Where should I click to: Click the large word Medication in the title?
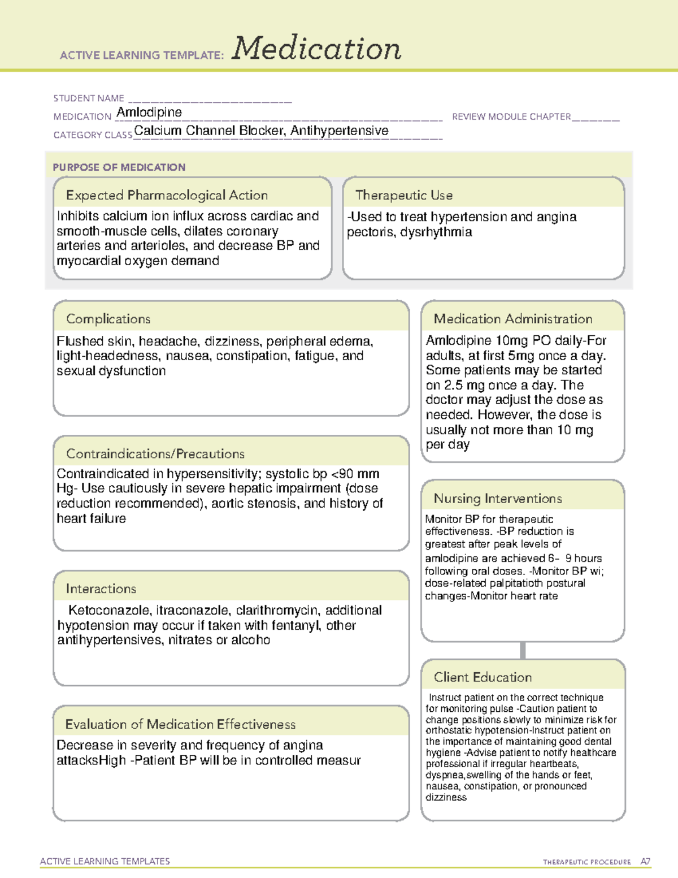pos(316,49)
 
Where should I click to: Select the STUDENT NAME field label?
pos(89,98)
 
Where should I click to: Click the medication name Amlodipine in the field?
pos(149,113)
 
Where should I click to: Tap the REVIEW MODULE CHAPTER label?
pos(511,116)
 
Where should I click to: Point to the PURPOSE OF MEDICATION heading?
pos(119,167)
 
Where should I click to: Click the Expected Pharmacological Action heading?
pos(167,195)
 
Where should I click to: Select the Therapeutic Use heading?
pos(403,195)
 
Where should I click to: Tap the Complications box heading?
pos(108,319)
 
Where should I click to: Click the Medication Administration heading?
pos(513,319)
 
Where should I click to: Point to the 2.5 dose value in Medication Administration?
pos(453,385)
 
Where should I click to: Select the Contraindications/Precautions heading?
pos(155,453)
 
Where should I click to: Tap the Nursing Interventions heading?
pos(498,498)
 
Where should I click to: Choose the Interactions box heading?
pos(101,589)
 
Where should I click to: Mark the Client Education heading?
pos(483,677)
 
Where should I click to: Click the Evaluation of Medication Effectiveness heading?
pos(180,724)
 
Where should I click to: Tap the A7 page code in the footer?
pos(645,862)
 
